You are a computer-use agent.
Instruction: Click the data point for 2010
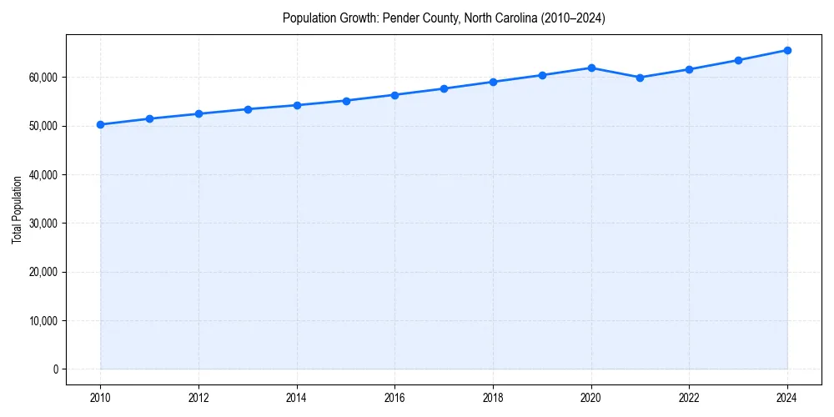pyautogui.click(x=100, y=124)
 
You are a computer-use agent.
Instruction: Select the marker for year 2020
pyautogui.click(x=591, y=68)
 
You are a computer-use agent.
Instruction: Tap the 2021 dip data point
pyautogui.click(x=640, y=78)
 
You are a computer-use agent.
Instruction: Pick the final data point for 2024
pyautogui.click(x=787, y=50)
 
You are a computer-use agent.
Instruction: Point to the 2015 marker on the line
pyautogui.click(x=346, y=100)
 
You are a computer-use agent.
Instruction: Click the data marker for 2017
pyautogui.click(x=444, y=88)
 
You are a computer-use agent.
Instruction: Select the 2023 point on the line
pyautogui.click(x=738, y=60)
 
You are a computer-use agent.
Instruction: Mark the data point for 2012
pyautogui.click(x=198, y=113)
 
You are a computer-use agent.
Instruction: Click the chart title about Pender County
pyautogui.click(x=444, y=18)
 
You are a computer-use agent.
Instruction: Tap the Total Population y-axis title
pyautogui.click(x=17, y=209)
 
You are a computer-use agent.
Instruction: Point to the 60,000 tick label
pyautogui.click(x=43, y=77)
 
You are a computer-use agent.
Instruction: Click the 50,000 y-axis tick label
pyautogui.click(x=43, y=126)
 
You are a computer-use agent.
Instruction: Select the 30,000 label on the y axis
pyautogui.click(x=43, y=223)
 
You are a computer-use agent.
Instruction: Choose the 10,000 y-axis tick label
pyautogui.click(x=43, y=320)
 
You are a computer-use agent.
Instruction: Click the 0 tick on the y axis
pyautogui.click(x=55, y=369)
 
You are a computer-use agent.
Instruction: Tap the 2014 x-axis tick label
pyautogui.click(x=297, y=397)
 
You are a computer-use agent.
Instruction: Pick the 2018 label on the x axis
pyautogui.click(x=493, y=397)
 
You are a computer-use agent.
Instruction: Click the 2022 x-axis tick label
pyautogui.click(x=689, y=397)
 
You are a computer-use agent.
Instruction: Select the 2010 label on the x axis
pyautogui.click(x=100, y=397)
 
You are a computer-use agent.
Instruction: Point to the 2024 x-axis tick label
pyautogui.click(x=787, y=397)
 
